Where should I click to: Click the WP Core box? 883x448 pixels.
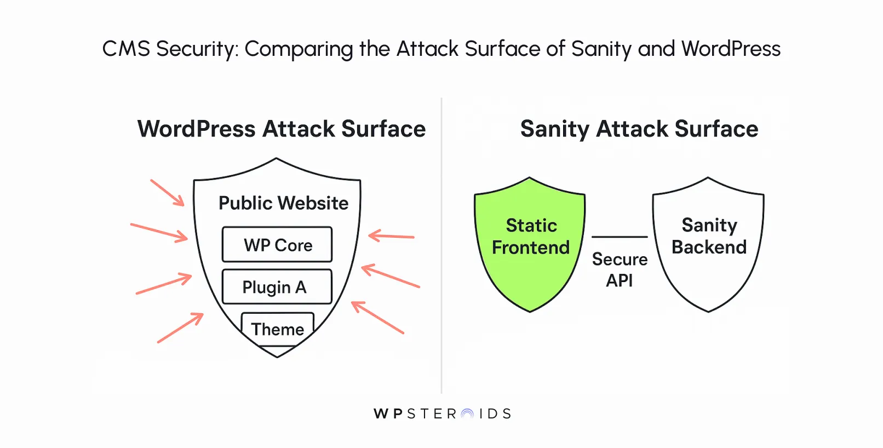click(x=277, y=244)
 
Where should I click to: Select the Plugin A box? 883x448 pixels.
click(x=277, y=286)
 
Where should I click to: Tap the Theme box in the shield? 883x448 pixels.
click(x=278, y=329)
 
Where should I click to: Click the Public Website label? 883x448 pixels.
click(x=283, y=203)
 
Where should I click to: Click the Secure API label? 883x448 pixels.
click(x=620, y=269)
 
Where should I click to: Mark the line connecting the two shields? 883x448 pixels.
click(x=620, y=237)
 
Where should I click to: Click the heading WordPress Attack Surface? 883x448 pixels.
click(x=281, y=129)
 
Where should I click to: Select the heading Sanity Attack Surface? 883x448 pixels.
click(x=639, y=129)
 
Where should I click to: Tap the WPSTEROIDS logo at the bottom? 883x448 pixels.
click(x=442, y=413)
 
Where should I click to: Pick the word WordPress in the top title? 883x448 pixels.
click(x=731, y=49)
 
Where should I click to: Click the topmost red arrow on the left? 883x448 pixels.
click(x=168, y=193)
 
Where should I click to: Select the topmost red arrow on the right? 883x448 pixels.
click(x=391, y=237)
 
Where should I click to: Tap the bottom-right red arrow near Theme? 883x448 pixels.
click(x=377, y=317)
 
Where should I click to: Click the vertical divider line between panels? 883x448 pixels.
click(x=441, y=246)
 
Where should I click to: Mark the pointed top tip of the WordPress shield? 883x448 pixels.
click(x=277, y=159)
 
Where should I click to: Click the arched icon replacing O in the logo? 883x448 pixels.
click(x=467, y=414)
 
